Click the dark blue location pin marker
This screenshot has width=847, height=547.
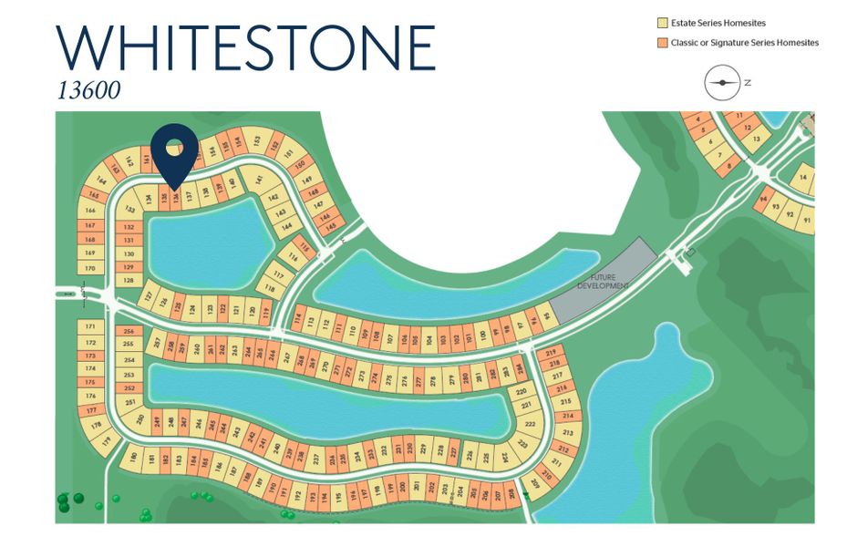coord(174,150)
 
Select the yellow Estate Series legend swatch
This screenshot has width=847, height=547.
coord(662,23)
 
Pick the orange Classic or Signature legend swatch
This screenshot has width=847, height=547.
coord(662,43)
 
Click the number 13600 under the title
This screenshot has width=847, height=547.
coord(88,91)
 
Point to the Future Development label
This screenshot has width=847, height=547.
coord(604,281)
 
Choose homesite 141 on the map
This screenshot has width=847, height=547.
coord(258,180)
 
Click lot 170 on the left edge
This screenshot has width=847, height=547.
coord(89,268)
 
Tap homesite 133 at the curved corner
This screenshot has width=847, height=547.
coord(127,206)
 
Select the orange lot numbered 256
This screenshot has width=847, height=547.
coord(129,331)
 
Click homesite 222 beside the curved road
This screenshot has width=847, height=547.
coord(529,424)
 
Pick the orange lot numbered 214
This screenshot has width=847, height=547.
coord(567,416)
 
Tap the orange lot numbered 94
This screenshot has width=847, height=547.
coord(762,200)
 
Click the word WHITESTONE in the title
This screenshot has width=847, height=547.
coord(245,47)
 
